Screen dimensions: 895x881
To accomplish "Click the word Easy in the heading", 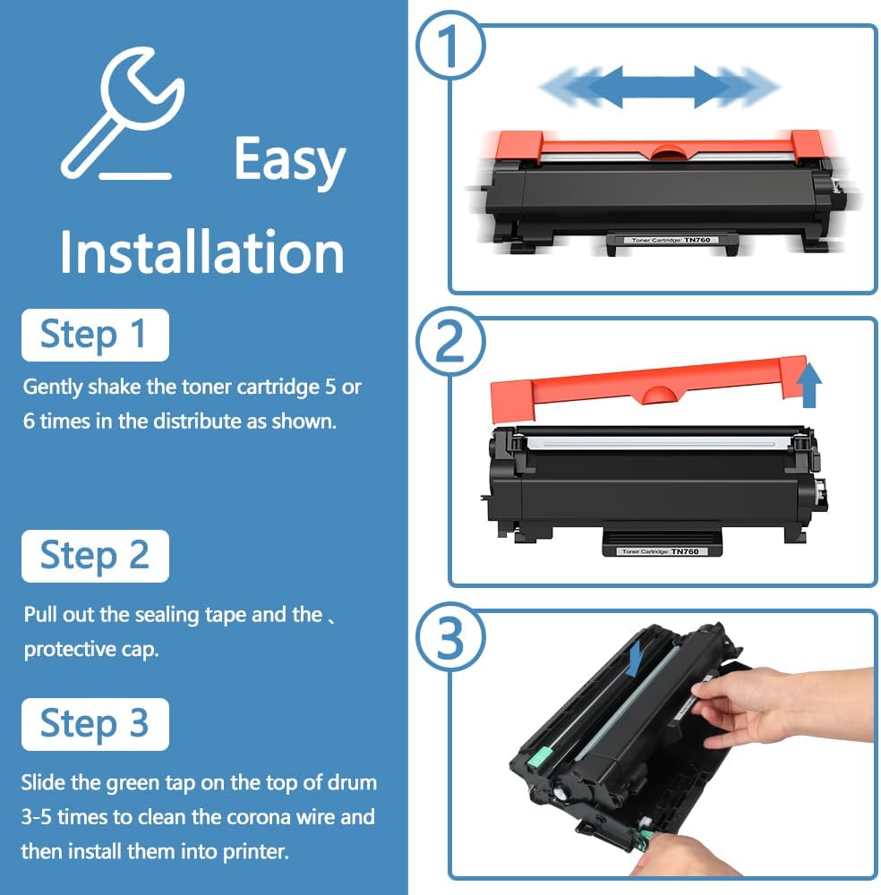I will click(x=289, y=160).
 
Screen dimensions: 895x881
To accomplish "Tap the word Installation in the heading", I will click(x=201, y=252).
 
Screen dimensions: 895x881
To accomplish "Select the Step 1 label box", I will click(x=94, y=335).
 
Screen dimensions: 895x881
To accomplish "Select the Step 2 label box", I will click(x=94, y=556).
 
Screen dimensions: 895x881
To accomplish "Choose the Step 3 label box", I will click(x=94, y=724).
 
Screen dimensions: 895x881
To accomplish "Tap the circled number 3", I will click(x=452, y=640).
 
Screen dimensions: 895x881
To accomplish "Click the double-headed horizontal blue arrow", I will click(x=659, y=88).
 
